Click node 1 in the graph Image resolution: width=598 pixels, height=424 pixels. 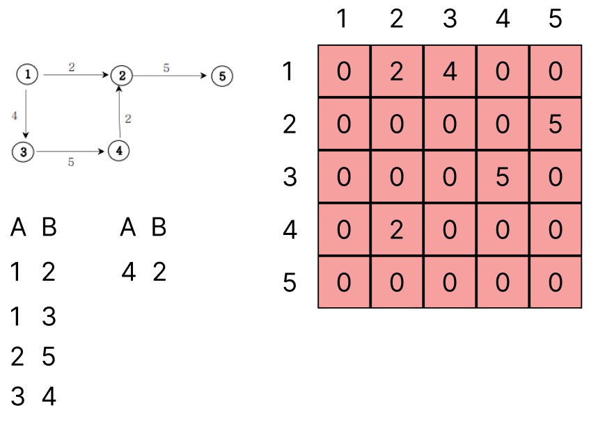[27, 74]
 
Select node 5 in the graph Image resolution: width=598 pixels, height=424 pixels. [221, 76]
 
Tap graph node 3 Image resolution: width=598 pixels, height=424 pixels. [23, 151]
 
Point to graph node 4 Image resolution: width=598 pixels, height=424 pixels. [120, 149]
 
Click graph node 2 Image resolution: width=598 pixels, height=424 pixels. [122, 75]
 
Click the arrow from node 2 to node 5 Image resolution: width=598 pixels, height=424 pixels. [171, 76]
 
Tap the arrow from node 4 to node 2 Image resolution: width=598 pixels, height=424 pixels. [120, 112]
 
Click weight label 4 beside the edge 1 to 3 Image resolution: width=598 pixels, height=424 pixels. [14, 115]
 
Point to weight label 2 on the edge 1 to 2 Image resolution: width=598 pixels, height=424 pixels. [72, 67]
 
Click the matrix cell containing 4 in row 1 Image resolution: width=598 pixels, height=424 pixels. [450, 72]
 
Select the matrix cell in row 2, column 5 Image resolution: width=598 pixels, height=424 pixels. [555, 124]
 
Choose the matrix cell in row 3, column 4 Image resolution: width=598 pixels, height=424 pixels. [502, 177]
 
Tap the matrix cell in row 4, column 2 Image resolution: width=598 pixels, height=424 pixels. [397, 229]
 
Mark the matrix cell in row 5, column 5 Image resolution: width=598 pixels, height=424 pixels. [555, 282]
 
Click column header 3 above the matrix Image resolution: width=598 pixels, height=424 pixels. [450, 19]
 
